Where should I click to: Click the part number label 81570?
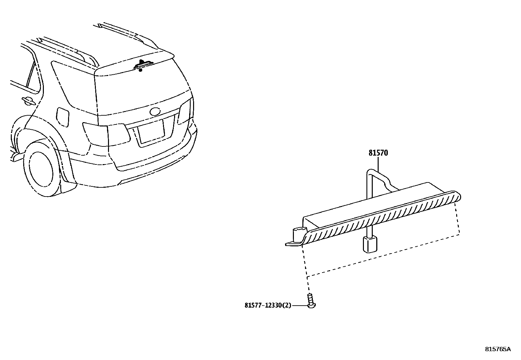tap(378, 153)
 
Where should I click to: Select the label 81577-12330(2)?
tap(268, 305)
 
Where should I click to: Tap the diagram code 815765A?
tap(497, 349)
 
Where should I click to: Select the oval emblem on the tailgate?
tap(155, 111)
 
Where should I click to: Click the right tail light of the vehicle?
tap(185, 112)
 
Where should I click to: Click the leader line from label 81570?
tap(378, 164)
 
